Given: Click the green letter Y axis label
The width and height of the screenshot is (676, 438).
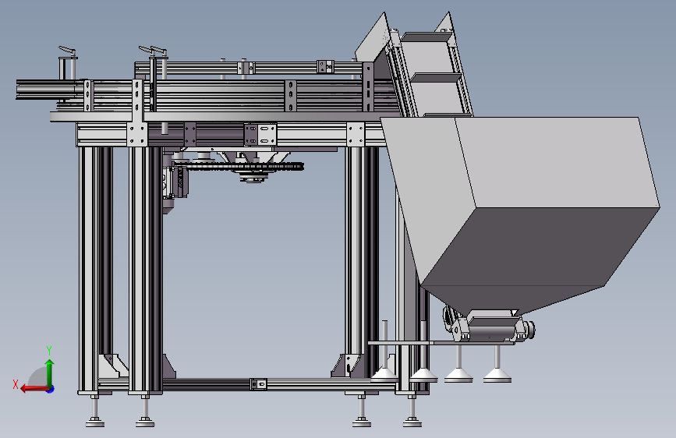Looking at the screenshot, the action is point(49,351).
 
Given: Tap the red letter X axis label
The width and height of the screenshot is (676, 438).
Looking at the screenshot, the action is point(16,384).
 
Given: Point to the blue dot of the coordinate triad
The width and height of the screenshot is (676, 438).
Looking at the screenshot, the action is point(51,389).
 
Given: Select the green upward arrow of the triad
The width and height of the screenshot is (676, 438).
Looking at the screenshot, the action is point(50,373).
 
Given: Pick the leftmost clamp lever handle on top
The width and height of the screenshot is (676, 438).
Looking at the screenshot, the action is point(67,51).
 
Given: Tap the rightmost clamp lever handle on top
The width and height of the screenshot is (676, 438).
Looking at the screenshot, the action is point(158,51).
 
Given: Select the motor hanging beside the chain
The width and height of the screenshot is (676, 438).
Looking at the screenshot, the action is point(175,183).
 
